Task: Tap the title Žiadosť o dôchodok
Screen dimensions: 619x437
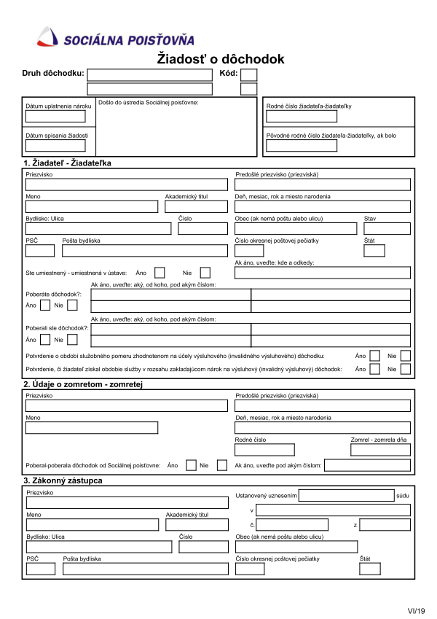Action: pyautogui.click(x=221, y=60)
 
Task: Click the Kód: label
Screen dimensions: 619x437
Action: pyautogui.click(x=228, y=74)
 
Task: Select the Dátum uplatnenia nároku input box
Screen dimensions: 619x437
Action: pyautogui.click(x=55, y=117)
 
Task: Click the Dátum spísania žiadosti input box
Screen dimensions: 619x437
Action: pyautogui.click(x=55, y=145)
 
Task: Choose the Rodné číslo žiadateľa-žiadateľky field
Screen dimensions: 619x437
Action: pyautogui.click(x=301, y=117)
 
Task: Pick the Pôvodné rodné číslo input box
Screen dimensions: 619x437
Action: pyautogui.click(x=301, y=145)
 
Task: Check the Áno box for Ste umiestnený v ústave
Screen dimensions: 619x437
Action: pyautogui.click(x=160, y=273)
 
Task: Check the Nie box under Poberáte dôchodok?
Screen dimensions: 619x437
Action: pyautogui.click(x=72, y=305)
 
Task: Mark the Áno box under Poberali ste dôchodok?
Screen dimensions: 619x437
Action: pyautogui.click(x=45, y=340)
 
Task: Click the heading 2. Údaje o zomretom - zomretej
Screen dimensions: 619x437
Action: pyautogui.click(x=86, y=384)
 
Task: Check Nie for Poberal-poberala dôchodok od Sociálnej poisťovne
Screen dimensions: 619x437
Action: pyautogui.click(x=222, y=465)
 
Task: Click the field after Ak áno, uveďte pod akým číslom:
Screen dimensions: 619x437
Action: pyautogui.click(x=367, y=465)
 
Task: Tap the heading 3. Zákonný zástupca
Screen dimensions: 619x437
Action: pyautogui.click(x=63, y=480)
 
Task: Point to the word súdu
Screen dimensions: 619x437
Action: pyautogui.click(x=403, y=496)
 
